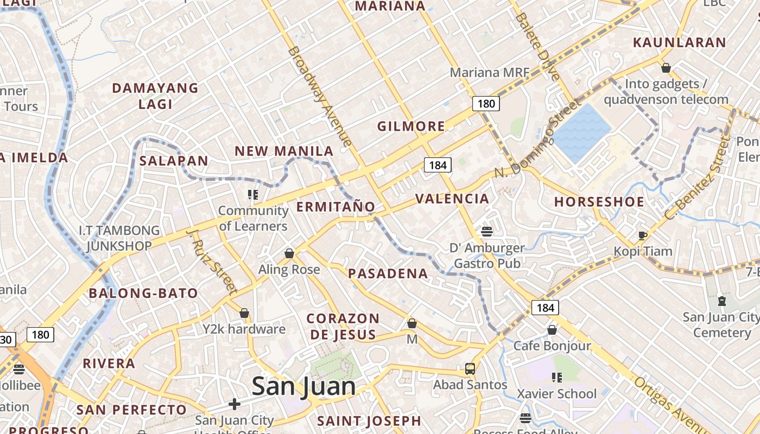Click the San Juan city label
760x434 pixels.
click(304, 386)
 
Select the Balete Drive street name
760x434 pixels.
click(537, 46)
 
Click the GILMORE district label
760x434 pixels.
click(411, 126)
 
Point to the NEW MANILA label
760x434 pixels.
click(284, 151)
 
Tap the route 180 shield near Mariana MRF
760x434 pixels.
click(485, 103)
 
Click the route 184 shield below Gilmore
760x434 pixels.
click(438, 165)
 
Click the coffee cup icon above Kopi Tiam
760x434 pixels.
click(643, 235)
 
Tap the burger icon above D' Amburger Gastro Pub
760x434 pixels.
click(486, 232)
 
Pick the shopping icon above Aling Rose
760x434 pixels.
click(289, 253)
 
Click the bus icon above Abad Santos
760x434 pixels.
click(470, 369)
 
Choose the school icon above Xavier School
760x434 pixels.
click(556, 377)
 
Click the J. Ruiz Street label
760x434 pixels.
click(212, 261)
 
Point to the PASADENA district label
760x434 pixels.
click(388, 273)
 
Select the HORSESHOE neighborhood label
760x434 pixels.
click(599, 202)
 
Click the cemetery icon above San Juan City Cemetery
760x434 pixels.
click(721, 301)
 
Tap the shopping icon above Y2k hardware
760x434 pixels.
click(244, 313)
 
